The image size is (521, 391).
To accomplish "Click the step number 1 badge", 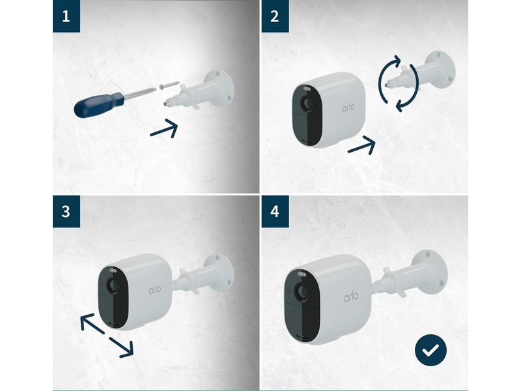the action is click(66, 16).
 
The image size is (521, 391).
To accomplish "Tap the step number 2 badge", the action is click(275, 16).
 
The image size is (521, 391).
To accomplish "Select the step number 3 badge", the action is click(66, 211).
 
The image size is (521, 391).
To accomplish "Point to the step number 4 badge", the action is click(275, 211).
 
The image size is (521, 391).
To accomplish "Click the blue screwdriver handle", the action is click(99, 105).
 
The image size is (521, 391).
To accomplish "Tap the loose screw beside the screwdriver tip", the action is click(169, 85).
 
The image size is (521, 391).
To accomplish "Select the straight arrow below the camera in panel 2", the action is click(361, 145).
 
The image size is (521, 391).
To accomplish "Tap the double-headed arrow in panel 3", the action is click(107, 336).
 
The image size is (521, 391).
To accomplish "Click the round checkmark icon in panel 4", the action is click(430, 350).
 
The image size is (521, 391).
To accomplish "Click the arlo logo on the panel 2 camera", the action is click(348, 108).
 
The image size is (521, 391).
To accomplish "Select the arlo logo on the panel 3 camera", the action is click(155, 289).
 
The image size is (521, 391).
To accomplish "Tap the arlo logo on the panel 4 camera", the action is click(351, 297).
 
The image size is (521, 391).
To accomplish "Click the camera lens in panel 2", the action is click(307, 104).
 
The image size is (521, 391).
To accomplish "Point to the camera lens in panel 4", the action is click(302, 292).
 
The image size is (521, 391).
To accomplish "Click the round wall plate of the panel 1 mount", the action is click(220, 88).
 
